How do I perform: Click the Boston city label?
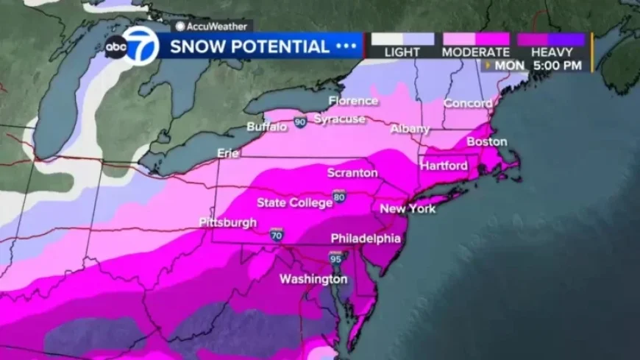click(487, 141)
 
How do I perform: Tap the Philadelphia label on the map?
click(366, 239)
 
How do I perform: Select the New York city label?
click(408, 209)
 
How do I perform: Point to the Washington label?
click(313, 280)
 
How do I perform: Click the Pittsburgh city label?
click(227, 222)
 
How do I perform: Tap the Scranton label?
click(352, 173)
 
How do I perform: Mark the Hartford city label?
click(444, 166)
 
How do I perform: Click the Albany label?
click(410, 129)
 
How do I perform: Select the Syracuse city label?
click(339, 119)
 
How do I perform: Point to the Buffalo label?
click(267, 127)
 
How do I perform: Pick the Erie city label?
click(229, 153)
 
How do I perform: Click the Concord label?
click(467, 103)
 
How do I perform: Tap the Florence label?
click(353, 101)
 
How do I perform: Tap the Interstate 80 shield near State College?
click(338, 197)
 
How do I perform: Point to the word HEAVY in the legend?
click(551, 52)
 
